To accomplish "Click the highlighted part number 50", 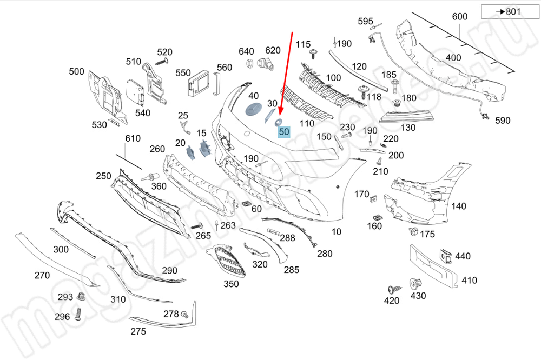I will [x=284, y=131].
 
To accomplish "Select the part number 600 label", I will [x=459, y=17].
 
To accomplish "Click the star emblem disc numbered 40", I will [x=253, y=109].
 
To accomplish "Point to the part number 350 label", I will [x=231, y=284].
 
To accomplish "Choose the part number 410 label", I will [x=469, y=281].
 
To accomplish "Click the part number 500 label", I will [x=77, y=71].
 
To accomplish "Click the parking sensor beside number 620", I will [x=266, y=64].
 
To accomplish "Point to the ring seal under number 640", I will [x=250, y=64].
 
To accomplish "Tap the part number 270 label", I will [x=42, y=275].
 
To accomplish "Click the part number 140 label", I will [x=459, y=206].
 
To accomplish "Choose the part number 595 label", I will [x=366, y=22].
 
